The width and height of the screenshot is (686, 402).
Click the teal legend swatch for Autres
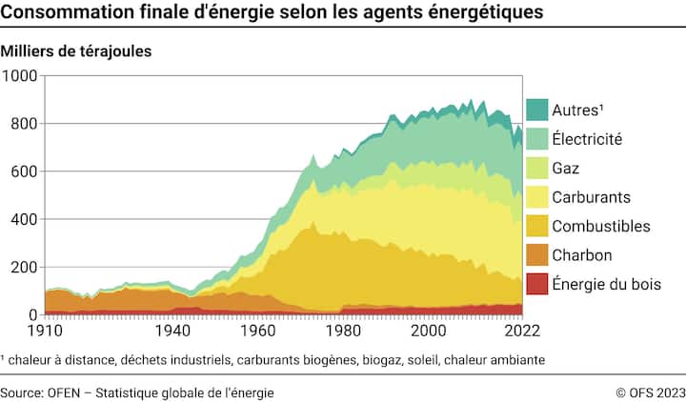coord(536,110)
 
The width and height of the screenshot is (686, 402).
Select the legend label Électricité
coord(587,139)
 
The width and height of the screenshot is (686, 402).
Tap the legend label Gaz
coord(566,168)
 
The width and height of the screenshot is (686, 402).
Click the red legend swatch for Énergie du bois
coord(536,284)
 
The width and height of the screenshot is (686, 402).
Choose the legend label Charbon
coord(581,255)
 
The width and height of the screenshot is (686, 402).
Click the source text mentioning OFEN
coord(138,392)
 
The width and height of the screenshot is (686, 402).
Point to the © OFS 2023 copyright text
coord(650,392)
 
